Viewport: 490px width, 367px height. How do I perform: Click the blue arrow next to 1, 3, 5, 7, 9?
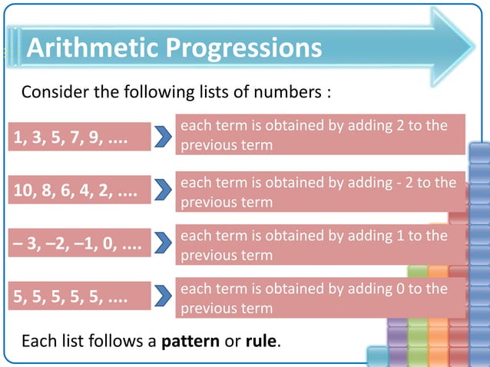(163, 137)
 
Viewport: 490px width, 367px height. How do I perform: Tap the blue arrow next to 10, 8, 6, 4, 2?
(163, 190)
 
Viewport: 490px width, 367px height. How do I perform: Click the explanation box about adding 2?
(320, 135)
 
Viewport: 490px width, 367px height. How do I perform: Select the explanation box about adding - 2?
(320, 192)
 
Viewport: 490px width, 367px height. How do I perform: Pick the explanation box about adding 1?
(320, 245)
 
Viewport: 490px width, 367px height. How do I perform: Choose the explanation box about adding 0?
(320, 298)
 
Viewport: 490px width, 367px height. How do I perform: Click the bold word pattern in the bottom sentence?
(190, 340)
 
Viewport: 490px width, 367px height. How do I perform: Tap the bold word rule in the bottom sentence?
(260, 340)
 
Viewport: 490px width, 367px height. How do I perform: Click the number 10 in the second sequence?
(22, 190)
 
